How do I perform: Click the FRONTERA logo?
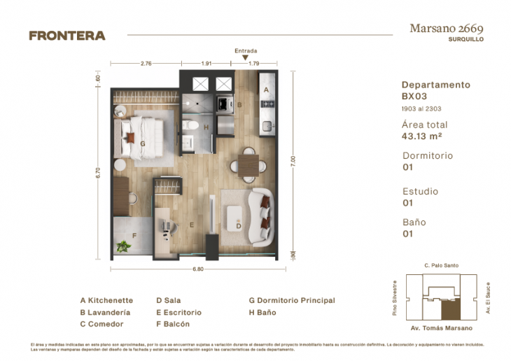(66, 36)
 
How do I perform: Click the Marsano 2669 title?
(446, 29)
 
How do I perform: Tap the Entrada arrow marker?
(245, 58)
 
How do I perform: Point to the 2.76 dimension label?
(146, 64)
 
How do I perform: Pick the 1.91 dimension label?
(206, 64)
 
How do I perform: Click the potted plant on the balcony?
(124, 246)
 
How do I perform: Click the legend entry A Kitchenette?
(106, 301)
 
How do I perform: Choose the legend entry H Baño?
(262, 313)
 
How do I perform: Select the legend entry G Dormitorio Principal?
(292, 301)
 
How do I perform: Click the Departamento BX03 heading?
(436, 90)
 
